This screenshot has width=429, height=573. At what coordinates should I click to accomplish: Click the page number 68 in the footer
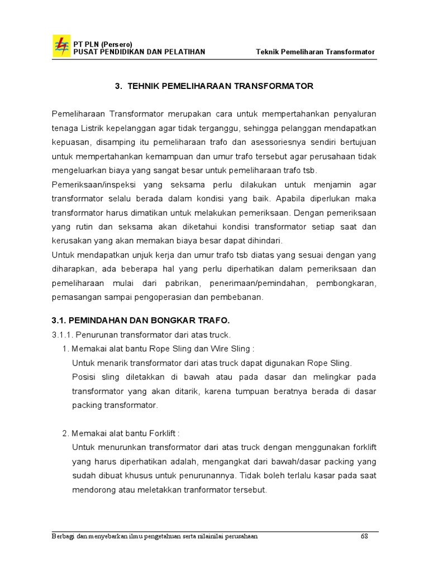point(365,536)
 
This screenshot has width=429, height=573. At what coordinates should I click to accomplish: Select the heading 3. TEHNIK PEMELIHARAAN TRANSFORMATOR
point(214,86)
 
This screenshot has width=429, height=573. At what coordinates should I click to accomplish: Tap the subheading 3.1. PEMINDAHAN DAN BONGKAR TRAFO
point(141,320)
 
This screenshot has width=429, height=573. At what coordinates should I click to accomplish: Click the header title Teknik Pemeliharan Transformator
point(315,52)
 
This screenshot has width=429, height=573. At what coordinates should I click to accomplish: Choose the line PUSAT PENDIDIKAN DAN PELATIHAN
point(139,52)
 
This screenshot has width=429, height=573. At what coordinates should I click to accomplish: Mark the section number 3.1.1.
point(63,335)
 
